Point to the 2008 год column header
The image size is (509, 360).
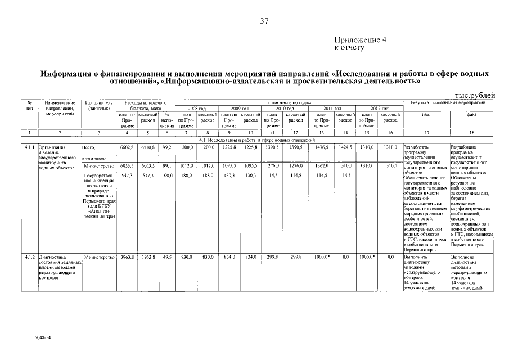[196, 108]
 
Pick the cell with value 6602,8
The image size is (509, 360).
[127, 147]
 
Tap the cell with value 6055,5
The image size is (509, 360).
[127, 166]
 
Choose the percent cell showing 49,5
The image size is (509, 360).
[166, 256]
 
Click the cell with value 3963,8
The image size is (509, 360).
[127, 256]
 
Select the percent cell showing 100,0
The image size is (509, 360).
[166, 175]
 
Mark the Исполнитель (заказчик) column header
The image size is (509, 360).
[100, 106]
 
